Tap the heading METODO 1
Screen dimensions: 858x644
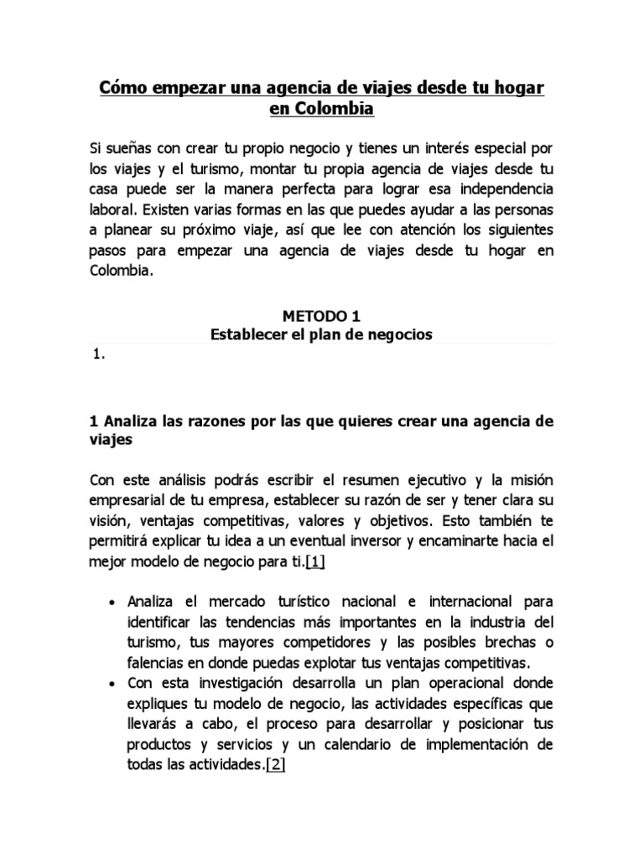(322, 316)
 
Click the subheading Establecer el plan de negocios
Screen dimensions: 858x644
(322, 334)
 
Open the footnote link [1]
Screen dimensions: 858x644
(315, 561)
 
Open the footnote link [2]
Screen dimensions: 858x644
(275, 765)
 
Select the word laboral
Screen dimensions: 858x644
(113, 209)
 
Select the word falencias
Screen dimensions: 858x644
(156, 663)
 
